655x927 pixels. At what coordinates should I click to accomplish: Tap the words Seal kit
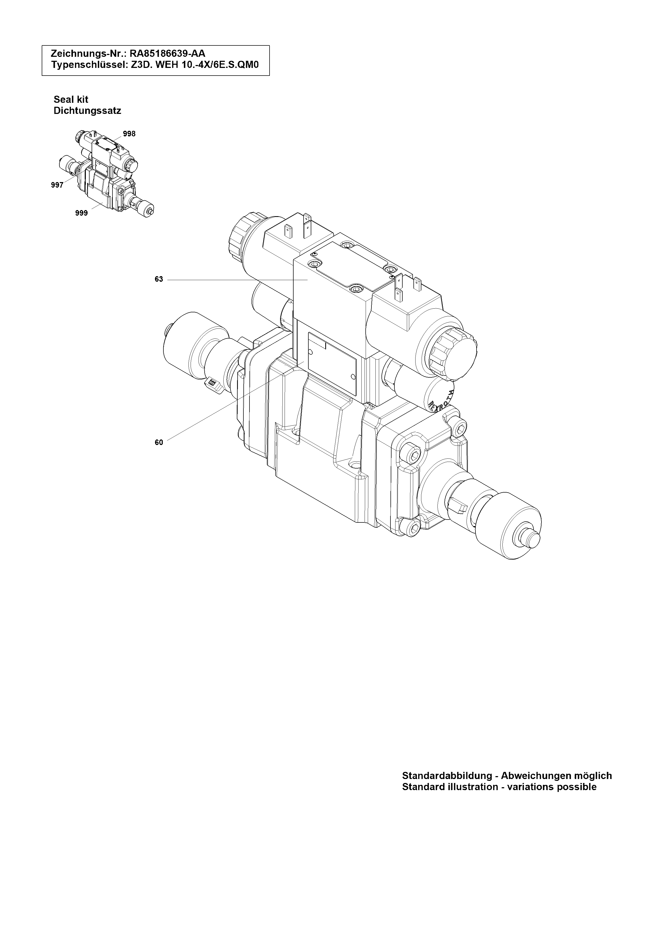pyautogui.click(x=71, y=99)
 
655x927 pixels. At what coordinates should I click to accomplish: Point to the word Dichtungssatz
pyautogui.click(x=88, y=111)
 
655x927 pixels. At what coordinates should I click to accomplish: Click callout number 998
pyautogui.click(x=129, y=134)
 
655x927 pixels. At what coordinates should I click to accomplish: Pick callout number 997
pyautogui.click(x=57, y=185)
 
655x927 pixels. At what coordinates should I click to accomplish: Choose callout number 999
pyautogui.click(x=82, y=213)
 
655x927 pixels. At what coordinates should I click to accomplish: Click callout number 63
pyautogui.click(x=159, y=279)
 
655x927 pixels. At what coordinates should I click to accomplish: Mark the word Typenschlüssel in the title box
pyautogui.click(x=89, y=64)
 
